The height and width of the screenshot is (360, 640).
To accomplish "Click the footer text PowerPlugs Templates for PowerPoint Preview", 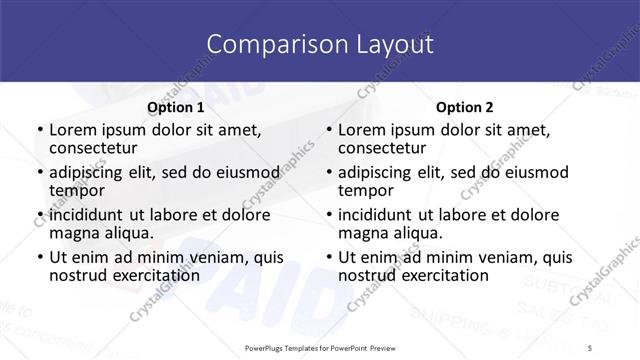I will pyautogui.click(x=319, y=346).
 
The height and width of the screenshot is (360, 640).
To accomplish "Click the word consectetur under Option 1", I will pyautogui.click(x=97, y=148).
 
